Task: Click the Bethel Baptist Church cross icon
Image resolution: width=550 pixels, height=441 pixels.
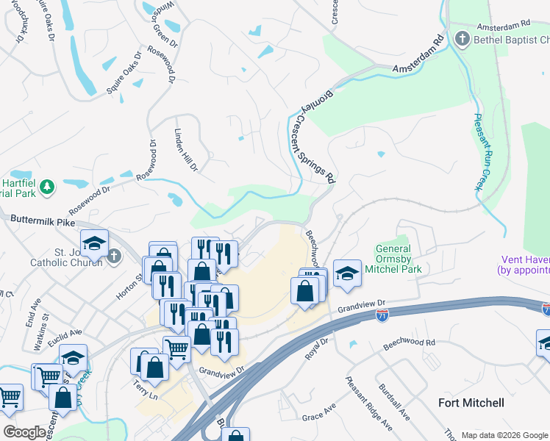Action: (x=463, y=39)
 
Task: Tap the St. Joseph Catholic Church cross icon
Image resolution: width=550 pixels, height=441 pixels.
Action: (x=113, y=256)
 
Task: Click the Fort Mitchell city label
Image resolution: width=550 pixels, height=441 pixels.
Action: (x=471, y=403)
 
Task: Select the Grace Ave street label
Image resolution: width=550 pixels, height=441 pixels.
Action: (x=318, y=412)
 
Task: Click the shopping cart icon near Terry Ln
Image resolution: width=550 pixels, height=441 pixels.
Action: (x=176, y=348)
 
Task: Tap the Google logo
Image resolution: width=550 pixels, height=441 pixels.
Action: (x=24, y=431)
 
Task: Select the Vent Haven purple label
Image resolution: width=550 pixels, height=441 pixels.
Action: (x=524, y=265)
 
